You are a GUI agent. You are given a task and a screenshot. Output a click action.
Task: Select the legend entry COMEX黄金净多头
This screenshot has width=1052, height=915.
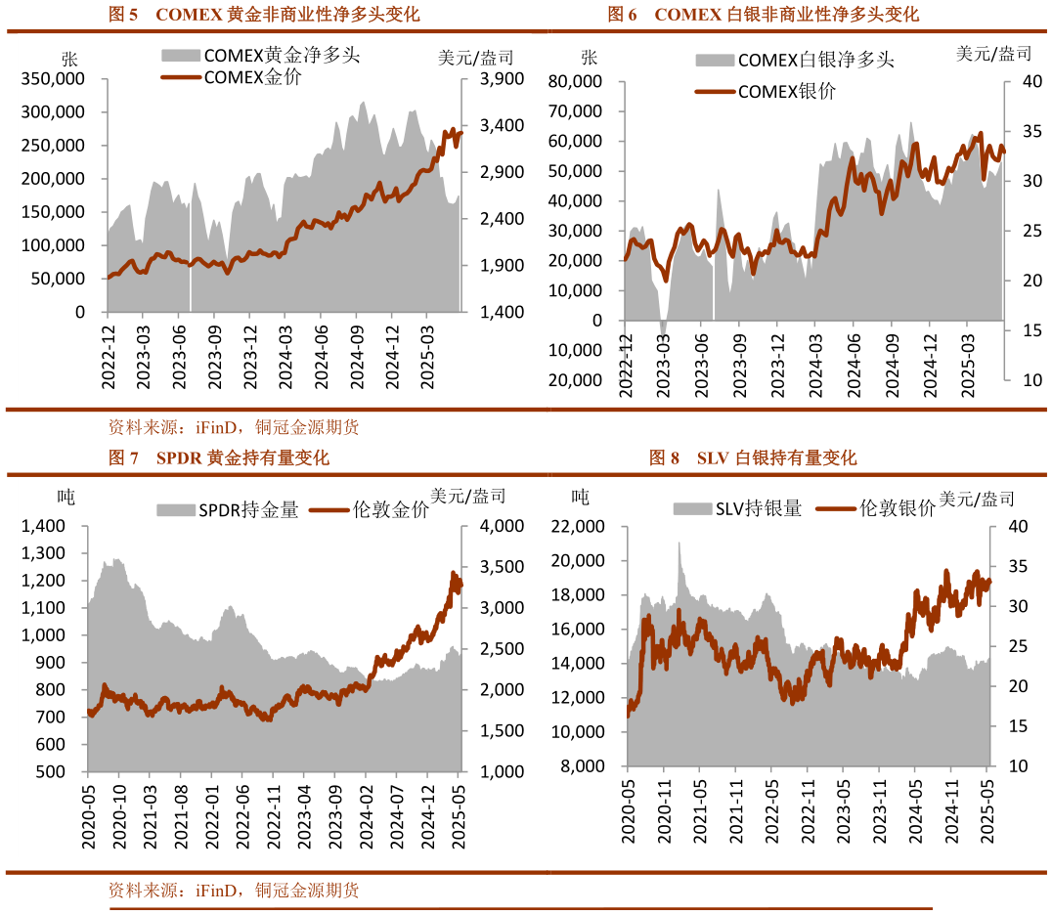[x=261, y=55]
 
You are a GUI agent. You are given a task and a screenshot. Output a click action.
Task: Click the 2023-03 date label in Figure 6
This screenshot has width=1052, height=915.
[x=664, y=365]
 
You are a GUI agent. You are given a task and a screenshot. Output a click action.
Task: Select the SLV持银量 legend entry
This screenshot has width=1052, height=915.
[x=737, y=507]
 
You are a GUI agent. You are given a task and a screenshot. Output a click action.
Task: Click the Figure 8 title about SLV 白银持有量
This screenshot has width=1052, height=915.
[x=753, y=457]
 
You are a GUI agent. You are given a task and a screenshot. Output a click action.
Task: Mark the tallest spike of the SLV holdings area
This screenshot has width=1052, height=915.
[x=679, y=544]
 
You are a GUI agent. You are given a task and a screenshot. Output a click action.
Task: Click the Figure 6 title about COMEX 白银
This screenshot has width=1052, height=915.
[x=763, y=15]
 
